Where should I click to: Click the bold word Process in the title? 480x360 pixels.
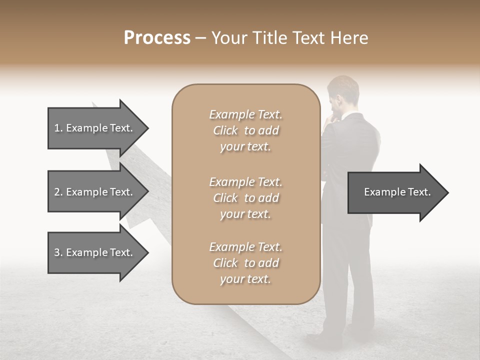point(157,38)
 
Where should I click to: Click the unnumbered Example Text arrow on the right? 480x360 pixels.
point(397,192)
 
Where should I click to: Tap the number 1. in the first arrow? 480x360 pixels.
point(58,128)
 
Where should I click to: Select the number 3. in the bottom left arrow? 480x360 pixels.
point(58,252)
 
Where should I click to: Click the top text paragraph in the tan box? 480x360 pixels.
point(245,130)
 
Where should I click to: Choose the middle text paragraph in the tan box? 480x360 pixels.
point(245,198)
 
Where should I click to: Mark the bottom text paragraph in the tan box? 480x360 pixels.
point(245,263)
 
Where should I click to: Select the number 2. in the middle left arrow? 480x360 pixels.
point(58,192)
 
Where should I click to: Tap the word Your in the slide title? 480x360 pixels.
point(228,38)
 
